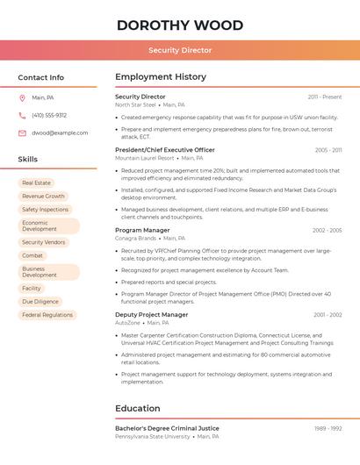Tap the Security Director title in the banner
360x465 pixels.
point(180,51)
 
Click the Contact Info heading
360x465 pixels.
point(40,77)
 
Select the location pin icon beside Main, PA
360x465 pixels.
point(22,97)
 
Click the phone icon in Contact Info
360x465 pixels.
point(22,115)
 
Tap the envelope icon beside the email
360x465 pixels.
point(22,133)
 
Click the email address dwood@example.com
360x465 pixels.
point(60,133)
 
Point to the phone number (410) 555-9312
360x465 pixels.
point(49,115)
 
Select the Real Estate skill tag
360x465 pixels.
point(36,183)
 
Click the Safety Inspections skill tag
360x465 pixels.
point(45,210)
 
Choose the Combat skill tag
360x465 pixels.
point(32,255)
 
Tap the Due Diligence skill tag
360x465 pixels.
point(40,301)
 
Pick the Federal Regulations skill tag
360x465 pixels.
point(47,314)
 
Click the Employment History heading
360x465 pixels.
point(161,77)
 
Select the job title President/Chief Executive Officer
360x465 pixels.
point(165,150)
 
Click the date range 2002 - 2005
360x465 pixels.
point(327,231)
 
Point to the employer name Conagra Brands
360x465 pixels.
point(135,238)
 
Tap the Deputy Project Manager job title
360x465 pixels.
point(151,314)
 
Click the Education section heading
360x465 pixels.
point(138,408)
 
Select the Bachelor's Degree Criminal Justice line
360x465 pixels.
point(167,428)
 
